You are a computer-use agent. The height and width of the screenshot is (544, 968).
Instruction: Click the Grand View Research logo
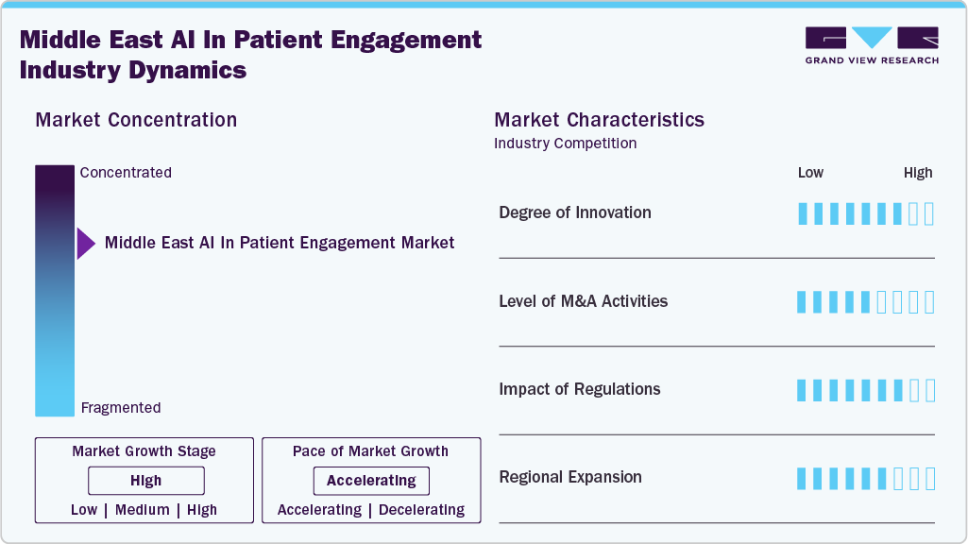click(x=872, y=45)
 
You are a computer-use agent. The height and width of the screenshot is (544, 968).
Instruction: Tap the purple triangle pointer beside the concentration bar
click(x=85, y=244)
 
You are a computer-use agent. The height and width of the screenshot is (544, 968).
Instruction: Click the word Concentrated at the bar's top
click(x=126, y=173)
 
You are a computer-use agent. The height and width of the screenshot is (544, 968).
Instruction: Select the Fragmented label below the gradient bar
click(x=121, y=408)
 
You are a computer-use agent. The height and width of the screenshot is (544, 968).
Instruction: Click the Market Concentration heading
click(x=136, y=120)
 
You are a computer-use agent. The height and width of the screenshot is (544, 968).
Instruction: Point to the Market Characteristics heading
click(x=599, y=120)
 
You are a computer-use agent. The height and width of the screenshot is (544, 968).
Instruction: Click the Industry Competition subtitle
click(x=565, y=144)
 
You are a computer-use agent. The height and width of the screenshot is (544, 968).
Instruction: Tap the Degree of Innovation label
click(x=574, y=212)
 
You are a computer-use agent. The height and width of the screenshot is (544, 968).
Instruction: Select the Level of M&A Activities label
click(x=583, y=301)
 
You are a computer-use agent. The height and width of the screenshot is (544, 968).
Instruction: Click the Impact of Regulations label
click(x=579, y=389)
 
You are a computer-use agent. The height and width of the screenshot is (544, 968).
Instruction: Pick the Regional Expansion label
click(x=569, y=477)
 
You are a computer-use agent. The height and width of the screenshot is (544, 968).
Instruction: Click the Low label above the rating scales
click(x=810, y=173)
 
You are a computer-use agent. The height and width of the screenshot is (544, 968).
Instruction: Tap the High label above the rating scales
click(x=917, y=173)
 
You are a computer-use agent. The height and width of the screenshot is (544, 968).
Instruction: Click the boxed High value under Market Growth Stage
click(x=145, y=481)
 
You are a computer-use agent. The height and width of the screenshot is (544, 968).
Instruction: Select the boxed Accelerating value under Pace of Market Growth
click(x=371, y=481)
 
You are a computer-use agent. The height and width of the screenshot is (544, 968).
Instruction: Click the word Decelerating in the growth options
click(x=420, y=510)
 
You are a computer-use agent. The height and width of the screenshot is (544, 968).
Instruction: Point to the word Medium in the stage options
click(x=143, y=510)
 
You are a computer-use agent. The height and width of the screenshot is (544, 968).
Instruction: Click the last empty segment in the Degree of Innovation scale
click(x=929, y=213)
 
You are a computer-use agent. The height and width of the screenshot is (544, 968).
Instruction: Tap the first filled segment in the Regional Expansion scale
click(x=802, y=478)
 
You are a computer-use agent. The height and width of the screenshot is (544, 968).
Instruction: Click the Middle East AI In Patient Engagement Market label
click(x=280, y=243)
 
